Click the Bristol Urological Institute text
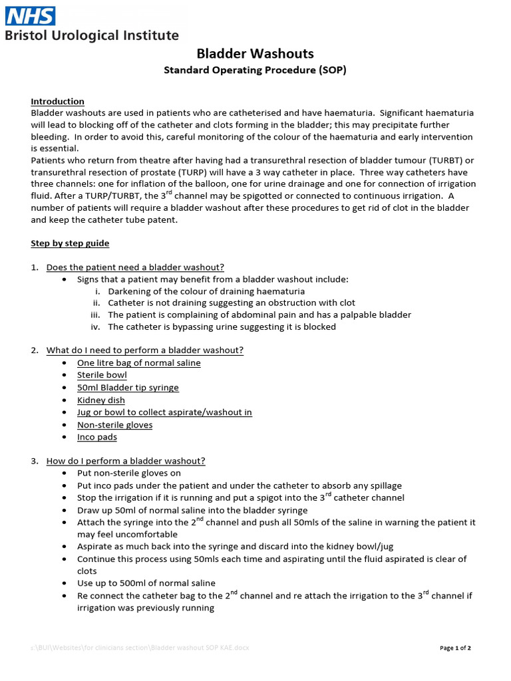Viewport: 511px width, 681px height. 92,36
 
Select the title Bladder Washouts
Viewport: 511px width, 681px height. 255,53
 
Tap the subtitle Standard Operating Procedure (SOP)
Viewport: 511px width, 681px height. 255,70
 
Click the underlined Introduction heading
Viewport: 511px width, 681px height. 57,101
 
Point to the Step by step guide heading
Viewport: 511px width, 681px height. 70,243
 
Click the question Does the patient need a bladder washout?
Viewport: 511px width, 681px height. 135,267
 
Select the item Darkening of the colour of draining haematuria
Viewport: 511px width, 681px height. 206,291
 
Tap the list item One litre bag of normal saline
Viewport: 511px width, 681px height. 138,363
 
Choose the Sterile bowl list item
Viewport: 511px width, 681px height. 102,375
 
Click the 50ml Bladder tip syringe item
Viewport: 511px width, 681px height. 128,388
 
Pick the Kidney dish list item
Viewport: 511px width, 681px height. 100,400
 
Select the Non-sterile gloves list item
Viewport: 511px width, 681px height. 114,425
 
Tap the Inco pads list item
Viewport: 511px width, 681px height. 96,437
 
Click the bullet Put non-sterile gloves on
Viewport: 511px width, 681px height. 129,474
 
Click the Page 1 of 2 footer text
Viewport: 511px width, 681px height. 456,648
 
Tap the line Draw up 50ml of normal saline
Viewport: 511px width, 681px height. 192,510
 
